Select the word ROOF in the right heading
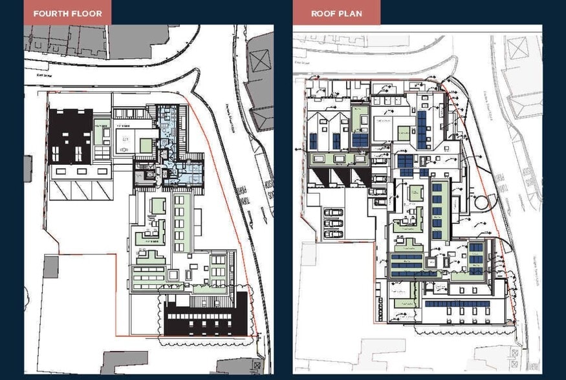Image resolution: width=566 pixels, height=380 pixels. (323, 13)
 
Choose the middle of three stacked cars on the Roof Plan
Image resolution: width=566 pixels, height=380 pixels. (333, 223)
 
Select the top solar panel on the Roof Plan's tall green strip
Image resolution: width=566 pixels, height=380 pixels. (437, 187)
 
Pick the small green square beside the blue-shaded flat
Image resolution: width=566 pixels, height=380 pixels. (146, 145)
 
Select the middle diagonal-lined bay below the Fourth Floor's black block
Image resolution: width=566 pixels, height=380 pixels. (80, 189)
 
